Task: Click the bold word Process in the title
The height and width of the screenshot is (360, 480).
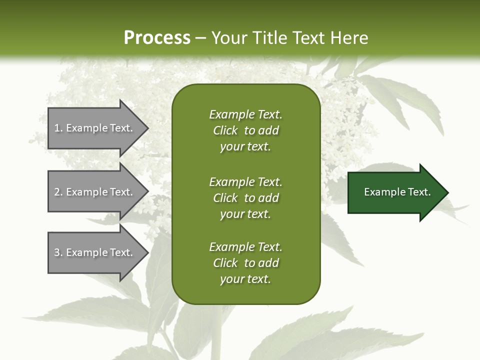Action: (x=157, y=38)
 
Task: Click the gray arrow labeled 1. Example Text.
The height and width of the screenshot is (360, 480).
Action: (x=95, y=128)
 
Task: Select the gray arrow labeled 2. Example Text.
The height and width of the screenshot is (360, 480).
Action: (x=95, y=192)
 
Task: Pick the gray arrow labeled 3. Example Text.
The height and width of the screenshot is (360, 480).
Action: (x=95, y=252)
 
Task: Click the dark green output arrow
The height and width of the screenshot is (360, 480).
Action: (x=395, y=192)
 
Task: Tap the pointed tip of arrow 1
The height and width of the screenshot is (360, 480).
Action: (x=147, y=128)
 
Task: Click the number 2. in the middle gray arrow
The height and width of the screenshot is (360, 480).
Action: (x=58, y=192)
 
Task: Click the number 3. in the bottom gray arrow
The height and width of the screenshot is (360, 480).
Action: (x=58, y=252)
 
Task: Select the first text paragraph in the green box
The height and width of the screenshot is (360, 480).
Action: (x=245, y=130)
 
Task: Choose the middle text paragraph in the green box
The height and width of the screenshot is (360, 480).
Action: (x=245, y=198)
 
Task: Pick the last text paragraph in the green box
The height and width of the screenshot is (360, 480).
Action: (x=245, y=263)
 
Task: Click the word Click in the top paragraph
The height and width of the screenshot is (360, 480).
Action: (x=225, y=130)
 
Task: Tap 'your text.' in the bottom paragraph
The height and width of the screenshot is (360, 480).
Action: (x=245, y=279)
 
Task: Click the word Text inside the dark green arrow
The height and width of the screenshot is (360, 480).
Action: (x=419, y=192)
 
